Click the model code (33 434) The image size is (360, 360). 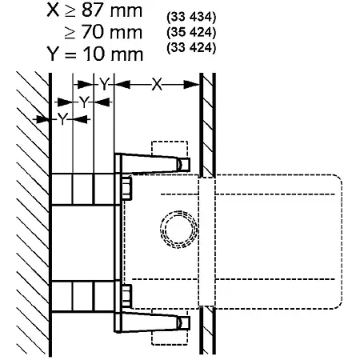(191, 18)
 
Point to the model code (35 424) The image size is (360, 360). (191, 33)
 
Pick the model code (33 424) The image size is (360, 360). (191, 48)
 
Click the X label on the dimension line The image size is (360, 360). (157, 85)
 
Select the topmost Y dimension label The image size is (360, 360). (104, 84)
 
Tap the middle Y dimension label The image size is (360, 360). (84, 102)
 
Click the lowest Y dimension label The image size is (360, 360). (62, 119)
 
